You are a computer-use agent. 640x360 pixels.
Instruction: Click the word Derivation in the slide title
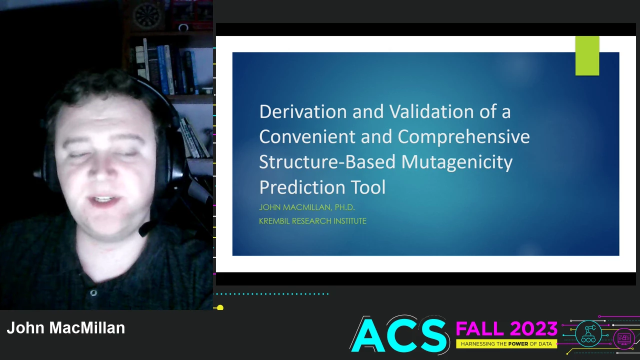tap(303, 111)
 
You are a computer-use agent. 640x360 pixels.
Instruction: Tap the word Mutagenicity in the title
tap(457, 162)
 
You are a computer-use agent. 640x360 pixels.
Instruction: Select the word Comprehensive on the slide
tap(463, 137)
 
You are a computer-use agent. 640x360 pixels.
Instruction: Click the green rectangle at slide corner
tap(587, 55)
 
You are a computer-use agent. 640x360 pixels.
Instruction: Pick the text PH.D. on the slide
tap(345, 207)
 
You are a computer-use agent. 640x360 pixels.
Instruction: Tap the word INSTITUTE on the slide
tap(350, 221)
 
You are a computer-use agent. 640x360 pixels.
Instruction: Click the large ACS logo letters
tap(399, 335)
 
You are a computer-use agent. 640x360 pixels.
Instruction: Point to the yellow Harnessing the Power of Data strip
tap(506, 344)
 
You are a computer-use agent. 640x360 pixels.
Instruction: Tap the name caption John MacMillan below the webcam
tap(66, 327)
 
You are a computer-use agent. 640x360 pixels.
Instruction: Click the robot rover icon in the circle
tap(588, 333)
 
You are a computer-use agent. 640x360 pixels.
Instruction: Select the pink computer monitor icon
tap(624, 338)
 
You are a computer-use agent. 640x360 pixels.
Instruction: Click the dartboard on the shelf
tap(147, 15)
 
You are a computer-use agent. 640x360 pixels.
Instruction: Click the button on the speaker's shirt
tap(93, 293)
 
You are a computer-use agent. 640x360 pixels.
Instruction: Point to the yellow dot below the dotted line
tap(220, 307)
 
